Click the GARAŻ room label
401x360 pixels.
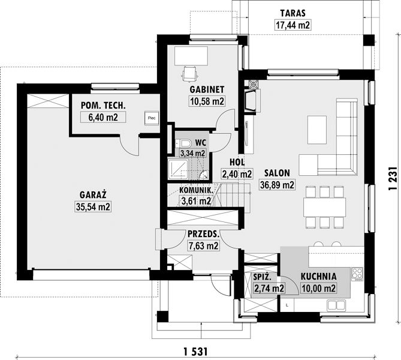coord(93,195)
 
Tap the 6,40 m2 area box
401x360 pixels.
coord(103,117)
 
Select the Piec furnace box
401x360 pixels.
coord(152,118)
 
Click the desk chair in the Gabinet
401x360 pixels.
coord(190,73)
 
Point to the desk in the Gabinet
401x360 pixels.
coord(191,55)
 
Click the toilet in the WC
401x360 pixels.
coord(183,143)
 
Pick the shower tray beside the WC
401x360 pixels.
coord(178,169)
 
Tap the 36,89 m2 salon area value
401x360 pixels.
coord(277,185)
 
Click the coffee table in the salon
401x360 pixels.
coord(317,130)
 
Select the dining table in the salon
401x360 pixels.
coord(324,208)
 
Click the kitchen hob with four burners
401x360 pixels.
coord(357,274)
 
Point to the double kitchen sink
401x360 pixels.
coord(336,305)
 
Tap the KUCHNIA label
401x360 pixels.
coord(318,277)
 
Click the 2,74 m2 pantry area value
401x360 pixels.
coord(269,289)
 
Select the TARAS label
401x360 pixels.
coord(293,13)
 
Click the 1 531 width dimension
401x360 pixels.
coord(195,352)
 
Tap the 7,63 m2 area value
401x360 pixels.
coord(203,246)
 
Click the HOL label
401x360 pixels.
coord(237,162)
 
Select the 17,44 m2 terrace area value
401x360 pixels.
coord(293,25)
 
